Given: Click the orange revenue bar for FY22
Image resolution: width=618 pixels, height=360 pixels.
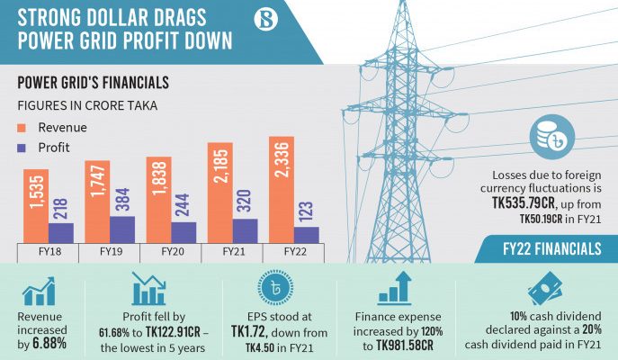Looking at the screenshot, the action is click(282, 190).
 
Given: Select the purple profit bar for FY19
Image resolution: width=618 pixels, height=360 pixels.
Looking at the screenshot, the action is click(122, 229).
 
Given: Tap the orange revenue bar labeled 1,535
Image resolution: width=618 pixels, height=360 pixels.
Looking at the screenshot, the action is click(36, 206).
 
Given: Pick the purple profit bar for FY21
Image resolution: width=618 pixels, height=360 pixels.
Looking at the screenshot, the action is click(246, 231).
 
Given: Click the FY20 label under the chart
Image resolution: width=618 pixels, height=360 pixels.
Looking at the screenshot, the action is click(173, 252).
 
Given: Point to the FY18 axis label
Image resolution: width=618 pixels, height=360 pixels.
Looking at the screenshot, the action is click(49, 252).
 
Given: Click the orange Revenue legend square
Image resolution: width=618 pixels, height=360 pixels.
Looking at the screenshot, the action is click(22, 128).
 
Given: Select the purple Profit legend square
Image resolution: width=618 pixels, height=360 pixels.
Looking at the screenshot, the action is click(22, 148).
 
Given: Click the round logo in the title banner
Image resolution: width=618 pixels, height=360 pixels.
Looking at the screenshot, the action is click(265, 19).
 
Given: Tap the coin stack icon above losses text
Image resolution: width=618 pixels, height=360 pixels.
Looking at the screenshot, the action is click(551, 137).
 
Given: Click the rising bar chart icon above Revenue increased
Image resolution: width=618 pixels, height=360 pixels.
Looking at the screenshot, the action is click(39, 291).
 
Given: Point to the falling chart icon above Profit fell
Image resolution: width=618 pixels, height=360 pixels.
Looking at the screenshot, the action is click(148, 289).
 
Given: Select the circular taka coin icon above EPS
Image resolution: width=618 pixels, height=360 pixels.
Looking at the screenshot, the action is click(276, 288).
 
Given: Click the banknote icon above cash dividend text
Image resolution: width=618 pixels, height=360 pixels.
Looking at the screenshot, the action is click(545, 289).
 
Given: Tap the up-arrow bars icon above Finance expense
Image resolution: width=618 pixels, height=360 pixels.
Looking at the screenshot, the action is click(395, 288).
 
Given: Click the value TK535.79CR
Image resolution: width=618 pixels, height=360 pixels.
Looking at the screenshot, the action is click(524, 203).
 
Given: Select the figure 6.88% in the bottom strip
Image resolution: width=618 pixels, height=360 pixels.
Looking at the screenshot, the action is click(49, 344).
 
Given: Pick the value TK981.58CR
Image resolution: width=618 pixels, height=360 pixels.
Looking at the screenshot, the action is click(405, 346).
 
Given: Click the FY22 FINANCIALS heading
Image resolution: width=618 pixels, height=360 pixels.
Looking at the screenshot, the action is click(552, 248).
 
